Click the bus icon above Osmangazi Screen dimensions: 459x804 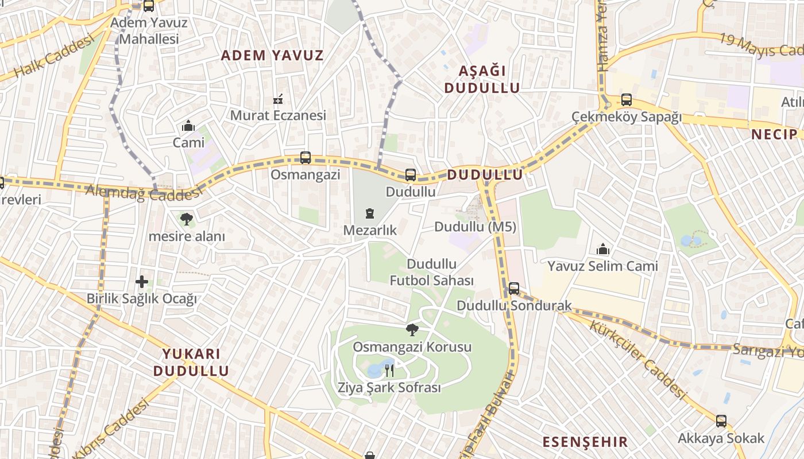click(x=306, y=157)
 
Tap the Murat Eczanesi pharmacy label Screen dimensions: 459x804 click(x=278, y=115)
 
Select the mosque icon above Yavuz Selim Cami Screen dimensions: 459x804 click(x=602, y=249)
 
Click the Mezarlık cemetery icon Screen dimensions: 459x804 click(x=369, y=214)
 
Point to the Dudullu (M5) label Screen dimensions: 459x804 click(x=475, y=227)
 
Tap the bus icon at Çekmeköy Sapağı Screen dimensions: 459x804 click(x=626, y=100)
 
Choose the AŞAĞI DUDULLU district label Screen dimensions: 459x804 click(x=482, y=79)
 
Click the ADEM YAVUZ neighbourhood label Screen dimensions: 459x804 click(x=272, y=55)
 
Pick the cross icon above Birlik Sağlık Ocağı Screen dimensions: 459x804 click(x=142, y=282)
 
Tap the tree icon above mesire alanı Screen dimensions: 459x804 click(x=186, y=219)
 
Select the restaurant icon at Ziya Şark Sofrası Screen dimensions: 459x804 click(x=389, y=370)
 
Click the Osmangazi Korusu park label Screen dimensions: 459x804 click(x=412, y=347)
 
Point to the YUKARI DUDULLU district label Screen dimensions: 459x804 click(x=191, y=362)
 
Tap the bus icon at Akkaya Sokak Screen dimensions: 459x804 click(x=721, y=421)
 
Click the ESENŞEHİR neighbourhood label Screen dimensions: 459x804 click(x=585, y=442)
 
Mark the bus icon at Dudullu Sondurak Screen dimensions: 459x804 click(x=513, y=289)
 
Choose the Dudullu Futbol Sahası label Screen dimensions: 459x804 click(x=432, y=272)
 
